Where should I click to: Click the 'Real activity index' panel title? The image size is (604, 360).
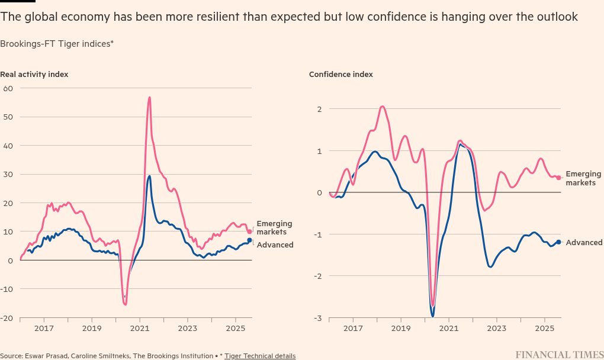click(34, 75)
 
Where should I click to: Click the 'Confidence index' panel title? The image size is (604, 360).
click(341, 75)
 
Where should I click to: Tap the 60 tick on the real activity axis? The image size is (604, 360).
click(8, 88)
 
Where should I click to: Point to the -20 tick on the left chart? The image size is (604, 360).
click(7, 318)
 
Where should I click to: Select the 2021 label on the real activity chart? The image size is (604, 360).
click(140, 327)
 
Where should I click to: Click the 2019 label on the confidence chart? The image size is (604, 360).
click(401, 327)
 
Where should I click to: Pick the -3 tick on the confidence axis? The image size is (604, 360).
click(318, 319)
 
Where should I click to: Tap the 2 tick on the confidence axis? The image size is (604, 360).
click(319, 109)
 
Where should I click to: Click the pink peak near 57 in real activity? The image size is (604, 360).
click(149, 97)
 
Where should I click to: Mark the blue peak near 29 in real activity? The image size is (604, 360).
click(149, 176)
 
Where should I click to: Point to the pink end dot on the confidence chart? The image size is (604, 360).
click(558, 178)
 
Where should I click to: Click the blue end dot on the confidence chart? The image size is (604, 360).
click(558, 242)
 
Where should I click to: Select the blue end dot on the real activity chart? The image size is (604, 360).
click(250, 240)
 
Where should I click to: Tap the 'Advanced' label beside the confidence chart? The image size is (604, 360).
click(584, 243)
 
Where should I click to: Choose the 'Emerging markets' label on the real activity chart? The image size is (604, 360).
click(274, 228)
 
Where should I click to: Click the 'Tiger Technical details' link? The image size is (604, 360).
click(260, 356)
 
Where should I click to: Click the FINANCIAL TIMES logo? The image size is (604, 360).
click(559, 355)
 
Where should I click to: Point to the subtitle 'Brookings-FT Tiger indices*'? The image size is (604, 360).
click(57, 44)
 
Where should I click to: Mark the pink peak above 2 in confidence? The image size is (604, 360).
click(382, 107)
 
